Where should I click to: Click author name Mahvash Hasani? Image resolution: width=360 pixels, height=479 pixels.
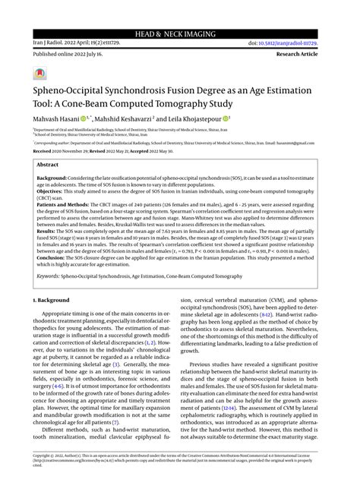(55, 120)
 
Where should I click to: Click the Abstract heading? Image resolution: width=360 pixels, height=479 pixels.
(48, 163)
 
